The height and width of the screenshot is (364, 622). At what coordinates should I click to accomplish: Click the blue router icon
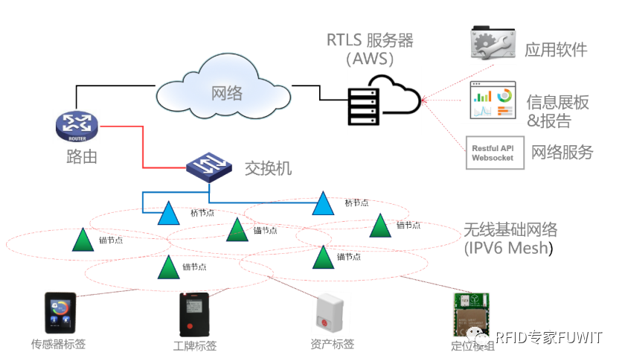(76, 127)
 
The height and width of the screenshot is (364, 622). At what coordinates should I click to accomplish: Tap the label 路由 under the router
(77, 157)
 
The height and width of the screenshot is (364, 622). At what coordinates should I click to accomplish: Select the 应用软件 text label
(555, 50)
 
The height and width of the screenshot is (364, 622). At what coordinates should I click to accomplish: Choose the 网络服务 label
(562, 153)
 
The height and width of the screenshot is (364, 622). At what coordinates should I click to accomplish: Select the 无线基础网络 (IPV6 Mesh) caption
(510, 238)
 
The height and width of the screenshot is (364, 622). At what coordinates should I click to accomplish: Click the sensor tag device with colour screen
(60, 313)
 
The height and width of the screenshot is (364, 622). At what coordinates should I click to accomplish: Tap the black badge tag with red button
(195, 314)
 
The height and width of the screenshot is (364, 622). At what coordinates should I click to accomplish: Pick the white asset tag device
(330, 313)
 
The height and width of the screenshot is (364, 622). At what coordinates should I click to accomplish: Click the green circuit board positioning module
(471, 315)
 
